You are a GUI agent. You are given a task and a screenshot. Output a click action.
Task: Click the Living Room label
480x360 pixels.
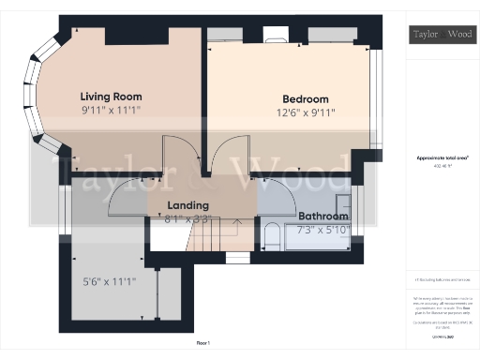coord(111,96)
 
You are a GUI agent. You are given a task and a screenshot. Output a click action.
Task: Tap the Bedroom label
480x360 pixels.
coord(306,99)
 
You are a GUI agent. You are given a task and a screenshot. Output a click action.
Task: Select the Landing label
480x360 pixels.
coord(187,205)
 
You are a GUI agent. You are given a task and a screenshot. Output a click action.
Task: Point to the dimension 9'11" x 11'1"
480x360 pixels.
coord(111,110)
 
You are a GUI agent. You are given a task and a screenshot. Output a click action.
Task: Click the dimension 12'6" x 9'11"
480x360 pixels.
coord(306,113)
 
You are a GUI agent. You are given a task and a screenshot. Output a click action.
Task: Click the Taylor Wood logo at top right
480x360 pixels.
coord(441,35)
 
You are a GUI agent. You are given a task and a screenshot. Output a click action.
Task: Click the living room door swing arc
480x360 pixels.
coord(177,155)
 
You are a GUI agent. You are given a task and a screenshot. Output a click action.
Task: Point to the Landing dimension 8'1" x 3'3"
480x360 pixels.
coord(187,221)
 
